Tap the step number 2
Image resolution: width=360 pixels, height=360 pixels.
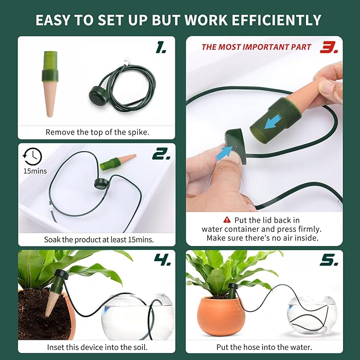click(160, 154)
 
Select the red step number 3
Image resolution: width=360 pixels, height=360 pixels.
click(329, 48)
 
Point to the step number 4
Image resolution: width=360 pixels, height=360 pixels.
click(161, 260)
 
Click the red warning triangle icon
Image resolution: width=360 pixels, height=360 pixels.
click(227, 219)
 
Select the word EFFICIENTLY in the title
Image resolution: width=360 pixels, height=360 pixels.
click(276, 20)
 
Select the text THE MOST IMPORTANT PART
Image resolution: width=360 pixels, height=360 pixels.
click(256, 47)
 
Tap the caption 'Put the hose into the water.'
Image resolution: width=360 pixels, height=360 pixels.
click(264, 347)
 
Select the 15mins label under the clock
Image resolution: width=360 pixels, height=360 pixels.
click(35, 171)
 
